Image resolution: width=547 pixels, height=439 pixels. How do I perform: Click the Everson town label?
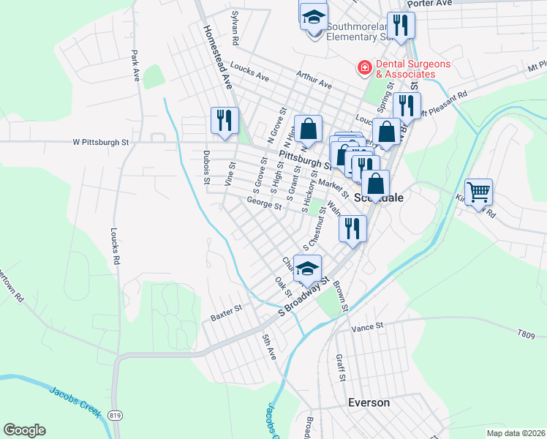(369, 402)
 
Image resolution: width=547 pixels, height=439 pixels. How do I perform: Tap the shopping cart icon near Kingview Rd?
(478, 192)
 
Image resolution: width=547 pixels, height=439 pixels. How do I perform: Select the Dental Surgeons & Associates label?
(406, 69)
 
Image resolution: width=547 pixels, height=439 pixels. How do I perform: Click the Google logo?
(24, 430)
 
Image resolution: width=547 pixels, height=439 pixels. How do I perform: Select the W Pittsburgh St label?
(100, 143)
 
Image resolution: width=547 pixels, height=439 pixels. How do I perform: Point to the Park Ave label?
(135, 65)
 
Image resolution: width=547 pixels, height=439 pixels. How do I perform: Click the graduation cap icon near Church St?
(309, 268)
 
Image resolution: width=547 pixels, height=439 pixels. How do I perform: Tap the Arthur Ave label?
(314, 80)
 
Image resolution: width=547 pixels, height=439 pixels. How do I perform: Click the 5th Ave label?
(268, 347)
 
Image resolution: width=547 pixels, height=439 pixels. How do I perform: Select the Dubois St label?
(206, 168)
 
